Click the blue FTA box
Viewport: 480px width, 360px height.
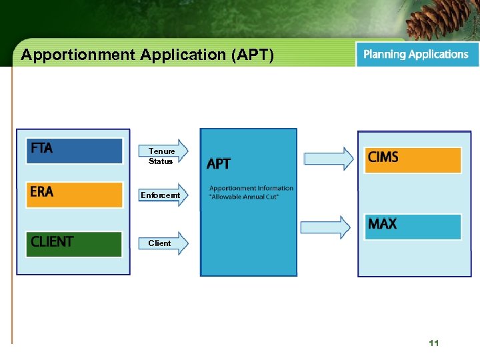[x=74, y=151]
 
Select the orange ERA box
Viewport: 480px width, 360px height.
[x=74, y=194]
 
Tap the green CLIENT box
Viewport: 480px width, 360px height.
[x=74, y=243]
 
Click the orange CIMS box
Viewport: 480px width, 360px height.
[x=413, y=160]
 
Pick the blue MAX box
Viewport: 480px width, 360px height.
[x=413, y=227]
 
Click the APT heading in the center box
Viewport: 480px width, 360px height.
[x=219, y=164]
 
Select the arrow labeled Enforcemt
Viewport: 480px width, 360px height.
[x=163, y=195]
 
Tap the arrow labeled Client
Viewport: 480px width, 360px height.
[x=163, y=243]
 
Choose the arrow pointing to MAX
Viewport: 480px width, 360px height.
[x=326, y=227]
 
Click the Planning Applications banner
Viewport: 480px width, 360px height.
[x=417, y=55]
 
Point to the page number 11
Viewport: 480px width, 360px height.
[x=434, y=343]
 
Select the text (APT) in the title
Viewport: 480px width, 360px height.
[x=252, y=55]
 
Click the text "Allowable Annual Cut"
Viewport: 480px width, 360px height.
[x=244, y=197]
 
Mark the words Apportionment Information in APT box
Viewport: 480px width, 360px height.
[x=251, y=188]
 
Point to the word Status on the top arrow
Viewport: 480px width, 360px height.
[x=161, y=161]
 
